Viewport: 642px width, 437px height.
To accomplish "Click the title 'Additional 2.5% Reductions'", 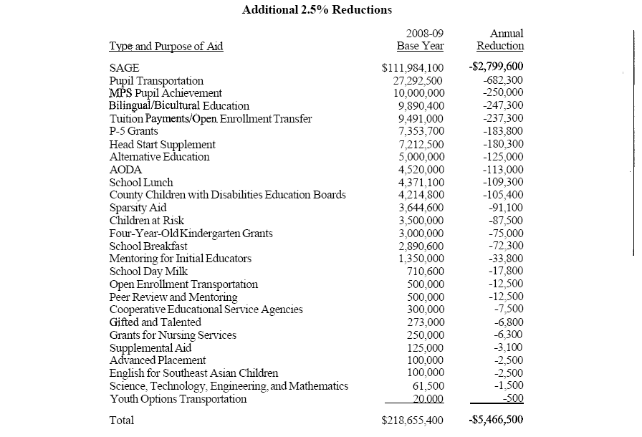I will (x=317, y=10).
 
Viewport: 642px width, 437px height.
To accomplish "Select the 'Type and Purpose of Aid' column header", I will (x=166, y=47).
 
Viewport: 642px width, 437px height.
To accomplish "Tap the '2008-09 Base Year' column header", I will (x=420, y=40).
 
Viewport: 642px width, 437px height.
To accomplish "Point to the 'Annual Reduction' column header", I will (x=500, y=40).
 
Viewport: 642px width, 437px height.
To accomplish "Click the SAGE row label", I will (x=124, y=68).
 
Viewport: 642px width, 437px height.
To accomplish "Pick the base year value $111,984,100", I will (x=413, y=68).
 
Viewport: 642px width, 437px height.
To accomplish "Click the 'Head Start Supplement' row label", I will (x=162, y=144).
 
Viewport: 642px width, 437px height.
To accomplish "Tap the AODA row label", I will (x=125, y=170).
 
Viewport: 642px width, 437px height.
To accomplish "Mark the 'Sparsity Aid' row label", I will (x=138, y=208).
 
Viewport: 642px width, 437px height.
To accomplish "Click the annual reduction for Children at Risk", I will (x=505, y=221).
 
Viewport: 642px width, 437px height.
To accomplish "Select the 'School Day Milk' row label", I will (x=148, y=272).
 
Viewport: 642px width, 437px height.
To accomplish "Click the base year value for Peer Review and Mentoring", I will (x=426, y=297).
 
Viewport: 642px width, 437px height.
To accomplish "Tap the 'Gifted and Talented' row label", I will (x=155, y=322).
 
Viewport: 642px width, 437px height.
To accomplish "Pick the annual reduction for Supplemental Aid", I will (x=509, y=348).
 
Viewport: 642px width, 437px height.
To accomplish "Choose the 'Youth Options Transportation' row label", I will (x=178, y=399).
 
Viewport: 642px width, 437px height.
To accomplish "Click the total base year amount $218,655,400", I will (x=413, y=421).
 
